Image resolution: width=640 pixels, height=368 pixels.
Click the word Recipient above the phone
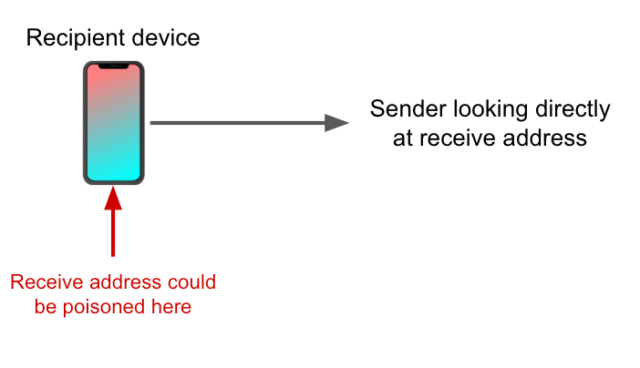tap(71, 38)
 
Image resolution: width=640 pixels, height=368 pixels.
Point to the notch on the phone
tap(113, 66)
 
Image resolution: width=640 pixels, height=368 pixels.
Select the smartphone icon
tap(113, 123)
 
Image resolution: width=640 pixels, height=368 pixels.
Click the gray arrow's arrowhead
tap(337, 123)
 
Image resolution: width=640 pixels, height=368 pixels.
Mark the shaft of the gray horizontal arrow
tap(237, 123)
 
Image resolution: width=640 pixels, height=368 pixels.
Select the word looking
tap(482, 110)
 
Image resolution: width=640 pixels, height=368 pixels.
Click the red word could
tap(192, 282)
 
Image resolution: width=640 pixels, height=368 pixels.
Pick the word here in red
tap(170, 307)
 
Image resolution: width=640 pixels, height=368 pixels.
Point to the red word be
tap(46, 307)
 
